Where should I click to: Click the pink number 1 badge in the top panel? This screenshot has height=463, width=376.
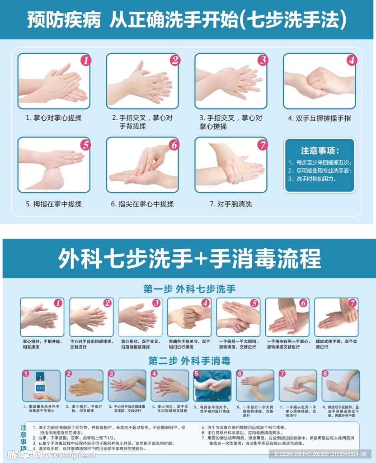coord(86,60)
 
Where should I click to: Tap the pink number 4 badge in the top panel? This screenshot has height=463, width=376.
coord(352,60)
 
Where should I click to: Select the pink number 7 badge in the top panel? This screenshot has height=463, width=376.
coord(263,145)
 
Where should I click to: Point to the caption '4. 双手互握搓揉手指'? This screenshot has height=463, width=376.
coord(320,118)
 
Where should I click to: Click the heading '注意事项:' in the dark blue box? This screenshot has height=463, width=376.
coord(320,151)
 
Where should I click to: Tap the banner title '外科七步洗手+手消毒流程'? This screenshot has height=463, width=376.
coord(189,258)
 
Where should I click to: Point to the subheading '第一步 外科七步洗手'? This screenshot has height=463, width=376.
coord(189,289)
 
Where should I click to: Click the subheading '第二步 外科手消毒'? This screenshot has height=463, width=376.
coord(189,360)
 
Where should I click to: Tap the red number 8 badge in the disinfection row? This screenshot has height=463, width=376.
coord(325,373)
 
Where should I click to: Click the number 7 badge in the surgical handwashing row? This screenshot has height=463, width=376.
coord(352,303)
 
